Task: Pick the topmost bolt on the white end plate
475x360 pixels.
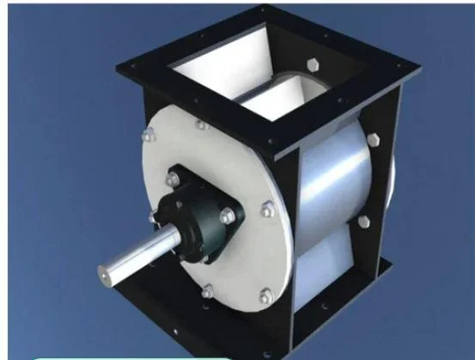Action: tap(203, 125)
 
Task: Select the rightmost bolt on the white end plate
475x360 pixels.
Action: tap(267, 208)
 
